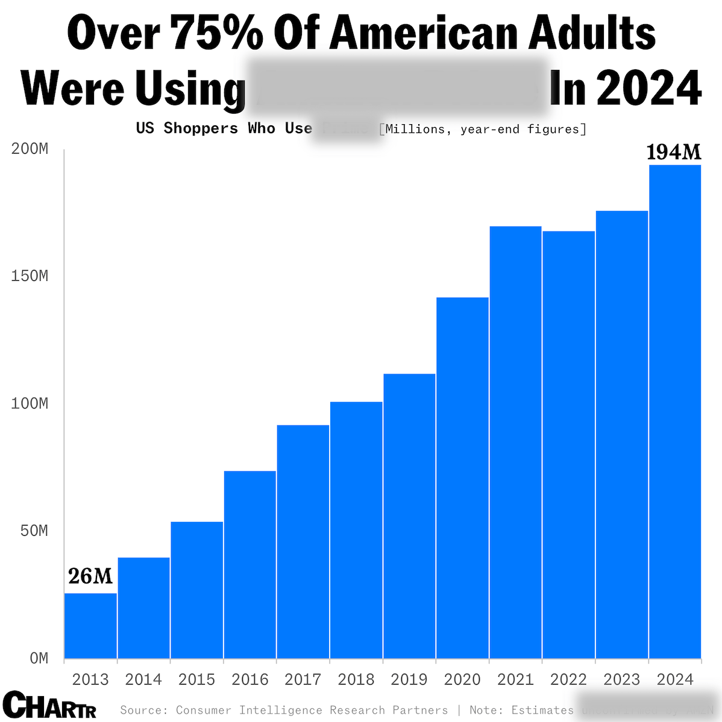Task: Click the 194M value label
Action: coord(674,152)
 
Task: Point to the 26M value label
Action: coord(90,577)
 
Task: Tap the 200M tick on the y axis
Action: coord(30,149)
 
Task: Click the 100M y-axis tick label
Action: coord(30,404)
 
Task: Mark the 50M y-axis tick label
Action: coord(33,531)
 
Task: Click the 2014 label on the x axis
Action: coord(143,680)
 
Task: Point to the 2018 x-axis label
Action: coord(356,680)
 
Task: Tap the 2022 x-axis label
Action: coord(568,680)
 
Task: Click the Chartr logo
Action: coord(49,705)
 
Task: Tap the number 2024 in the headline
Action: coord(648,89)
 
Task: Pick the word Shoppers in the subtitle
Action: coord(201,128)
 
